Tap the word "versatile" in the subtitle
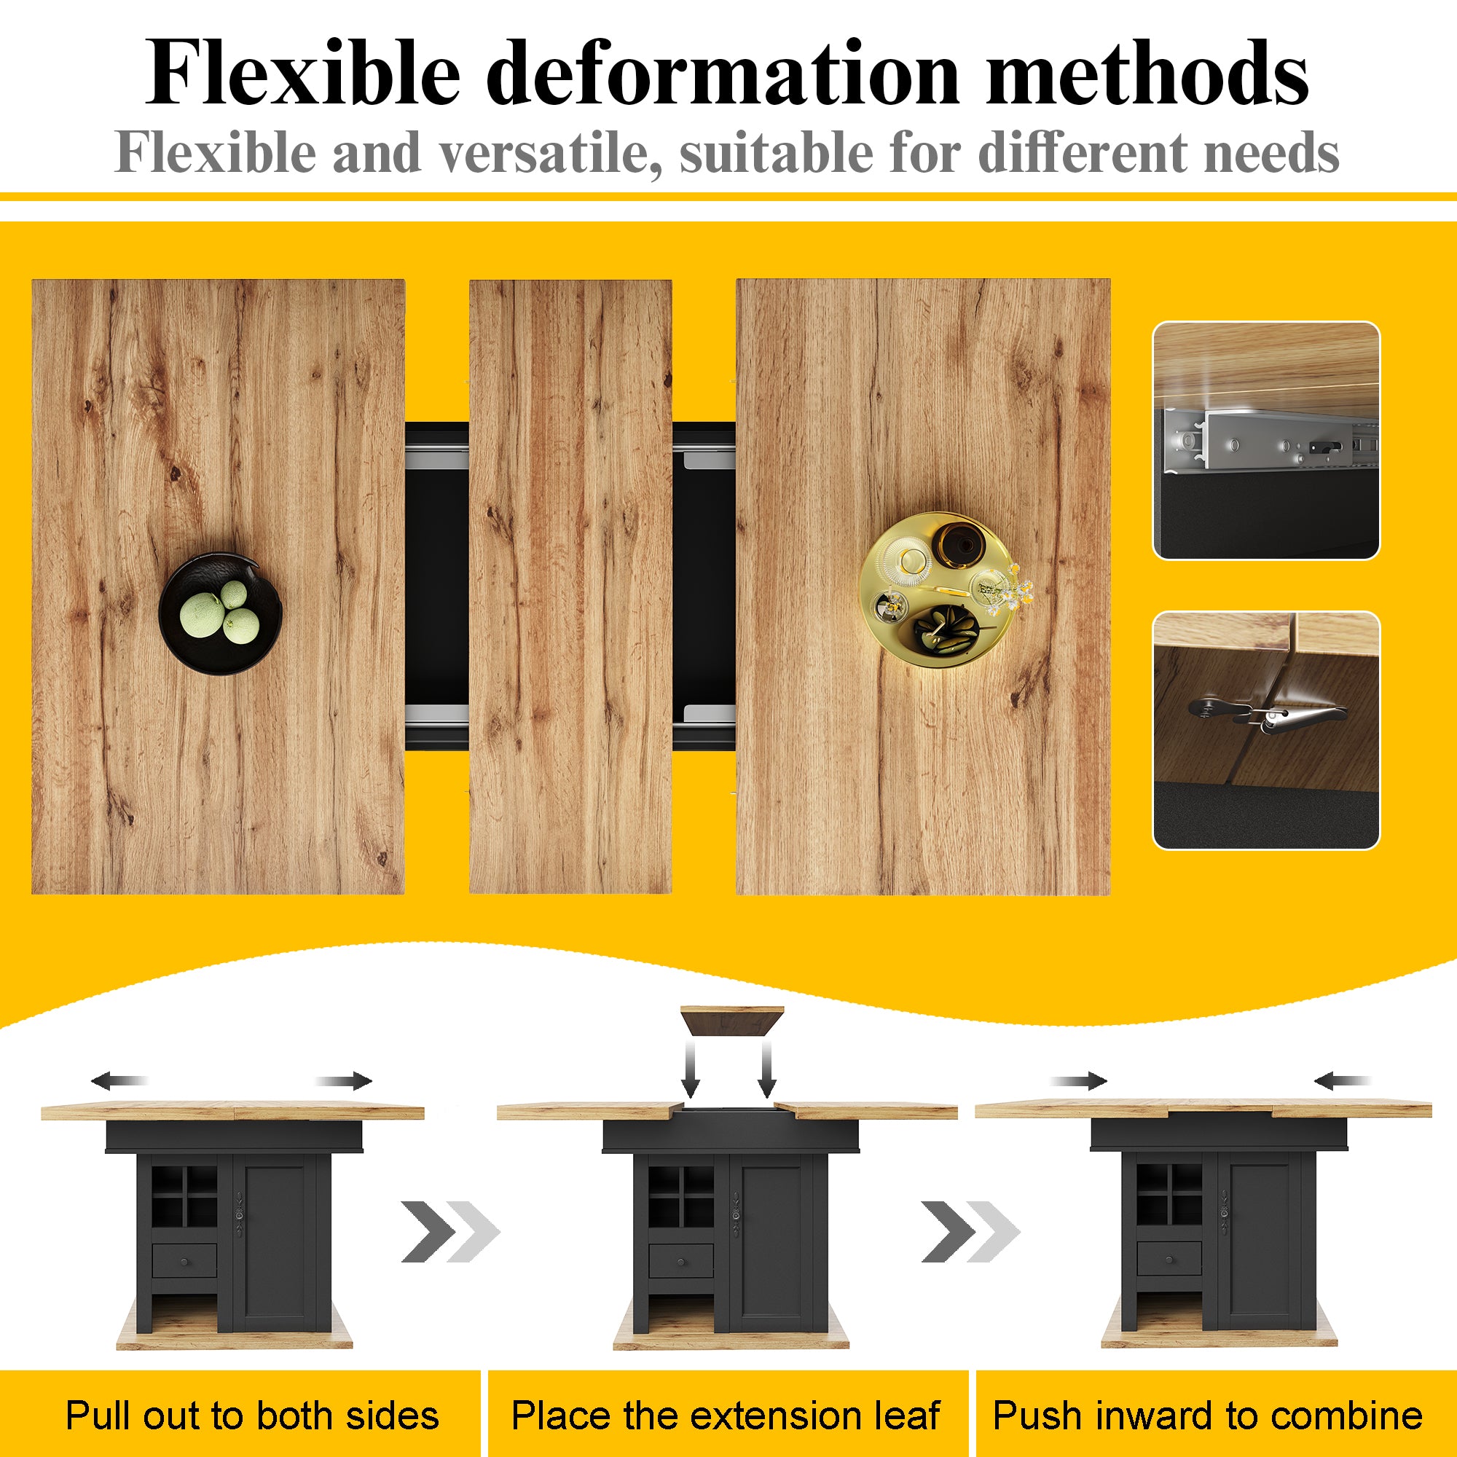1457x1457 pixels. tap(545, 153)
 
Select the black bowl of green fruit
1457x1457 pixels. tap(220, 614)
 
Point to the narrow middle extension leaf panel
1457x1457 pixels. tap(570, 586)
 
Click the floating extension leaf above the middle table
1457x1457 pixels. tap(731, 1021)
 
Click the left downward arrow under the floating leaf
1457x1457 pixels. tap(690, 1069)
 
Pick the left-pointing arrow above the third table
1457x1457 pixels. tap(1342, 1081)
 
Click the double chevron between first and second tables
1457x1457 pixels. tap(450, 1231)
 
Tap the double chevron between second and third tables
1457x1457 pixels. tap(970, 1231)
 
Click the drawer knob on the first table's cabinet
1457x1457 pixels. tap(185, 1262)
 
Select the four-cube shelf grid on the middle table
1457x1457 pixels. tap(681, 1196)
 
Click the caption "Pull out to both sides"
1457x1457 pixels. tap(252, 1415)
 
